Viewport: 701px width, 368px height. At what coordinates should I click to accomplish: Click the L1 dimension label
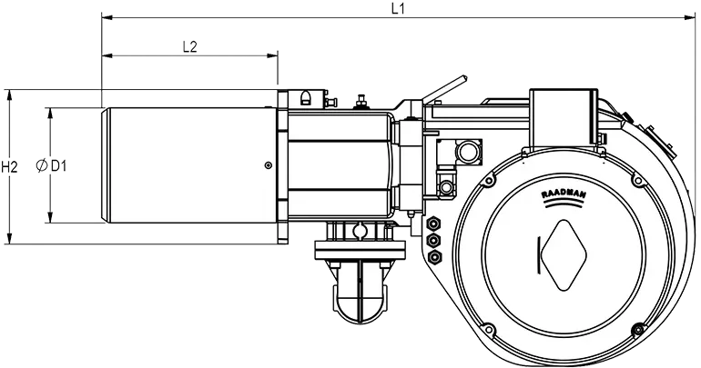coord(398,8)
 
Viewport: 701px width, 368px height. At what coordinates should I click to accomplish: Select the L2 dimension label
coord(190,46)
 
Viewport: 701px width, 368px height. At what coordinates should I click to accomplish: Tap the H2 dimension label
coord(9,167)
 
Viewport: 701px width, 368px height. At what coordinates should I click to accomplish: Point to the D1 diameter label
coord(58,166)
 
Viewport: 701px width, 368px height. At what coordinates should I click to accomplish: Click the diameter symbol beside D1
coord(41,165)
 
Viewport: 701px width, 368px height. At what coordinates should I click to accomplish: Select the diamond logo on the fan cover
coord(564,255)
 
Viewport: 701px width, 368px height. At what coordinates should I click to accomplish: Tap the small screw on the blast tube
coord(268,165)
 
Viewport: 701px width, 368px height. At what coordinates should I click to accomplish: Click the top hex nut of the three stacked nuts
coord(433,223)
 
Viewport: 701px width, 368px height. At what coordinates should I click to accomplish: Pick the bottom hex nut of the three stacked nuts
coord(433,256)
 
